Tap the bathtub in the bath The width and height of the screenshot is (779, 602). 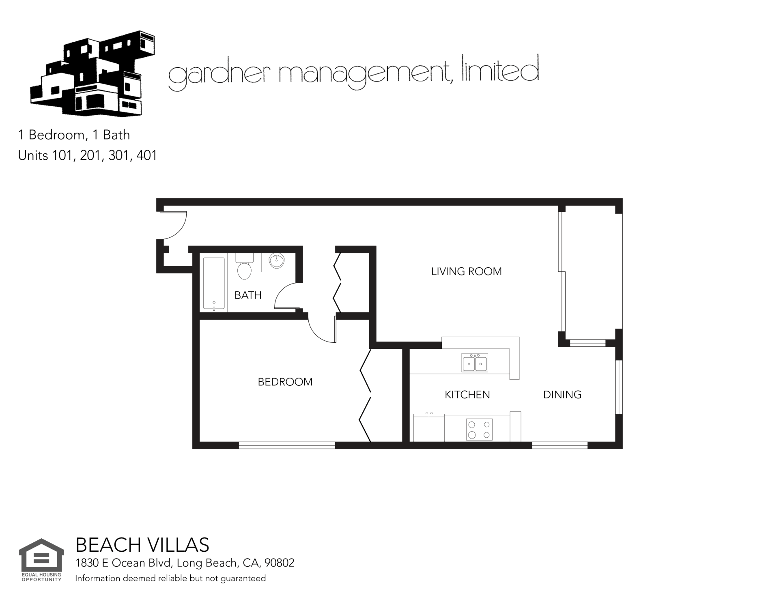[214, 284]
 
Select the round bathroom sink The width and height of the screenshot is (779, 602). [276, 261]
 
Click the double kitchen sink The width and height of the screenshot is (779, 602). [475, 362]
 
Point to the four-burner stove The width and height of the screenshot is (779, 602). [479, 430]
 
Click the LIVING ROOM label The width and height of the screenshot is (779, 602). [466, 271]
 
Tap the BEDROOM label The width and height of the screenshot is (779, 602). [285, 382]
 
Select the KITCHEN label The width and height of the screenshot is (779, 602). [467, 395]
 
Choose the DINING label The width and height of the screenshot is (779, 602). [562, 395]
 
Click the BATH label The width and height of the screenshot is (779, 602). [248, 295]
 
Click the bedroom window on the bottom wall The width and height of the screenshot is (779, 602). [287, 445]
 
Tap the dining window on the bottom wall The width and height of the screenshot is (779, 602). [560, 445]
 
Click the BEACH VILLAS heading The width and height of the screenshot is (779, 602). [142, 545]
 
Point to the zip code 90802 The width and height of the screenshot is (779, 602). [279, 563]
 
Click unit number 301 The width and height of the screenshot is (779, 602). [118, 155]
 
